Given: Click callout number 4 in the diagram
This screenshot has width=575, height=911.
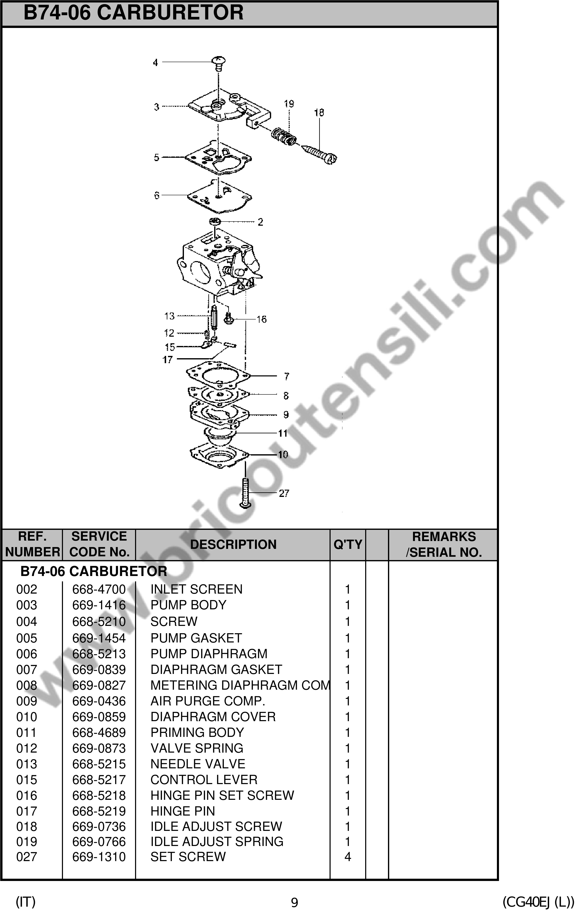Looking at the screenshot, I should point(155,62).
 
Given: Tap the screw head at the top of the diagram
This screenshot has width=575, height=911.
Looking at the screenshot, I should point(218,60).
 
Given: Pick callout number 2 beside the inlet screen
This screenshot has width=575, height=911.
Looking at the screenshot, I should point(260,222).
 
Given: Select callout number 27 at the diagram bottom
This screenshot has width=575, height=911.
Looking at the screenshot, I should point(284,493).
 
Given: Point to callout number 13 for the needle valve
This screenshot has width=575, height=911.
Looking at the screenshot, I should point(169,316).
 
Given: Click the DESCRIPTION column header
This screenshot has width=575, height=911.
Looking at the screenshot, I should point(233,544).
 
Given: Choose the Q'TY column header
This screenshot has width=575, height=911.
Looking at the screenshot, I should point(348,544).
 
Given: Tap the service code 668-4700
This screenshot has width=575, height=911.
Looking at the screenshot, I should point(99,589).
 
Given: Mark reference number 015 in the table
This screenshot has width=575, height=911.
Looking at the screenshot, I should point(27,780).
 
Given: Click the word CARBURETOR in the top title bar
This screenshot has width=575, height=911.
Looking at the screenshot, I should point(170,13).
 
